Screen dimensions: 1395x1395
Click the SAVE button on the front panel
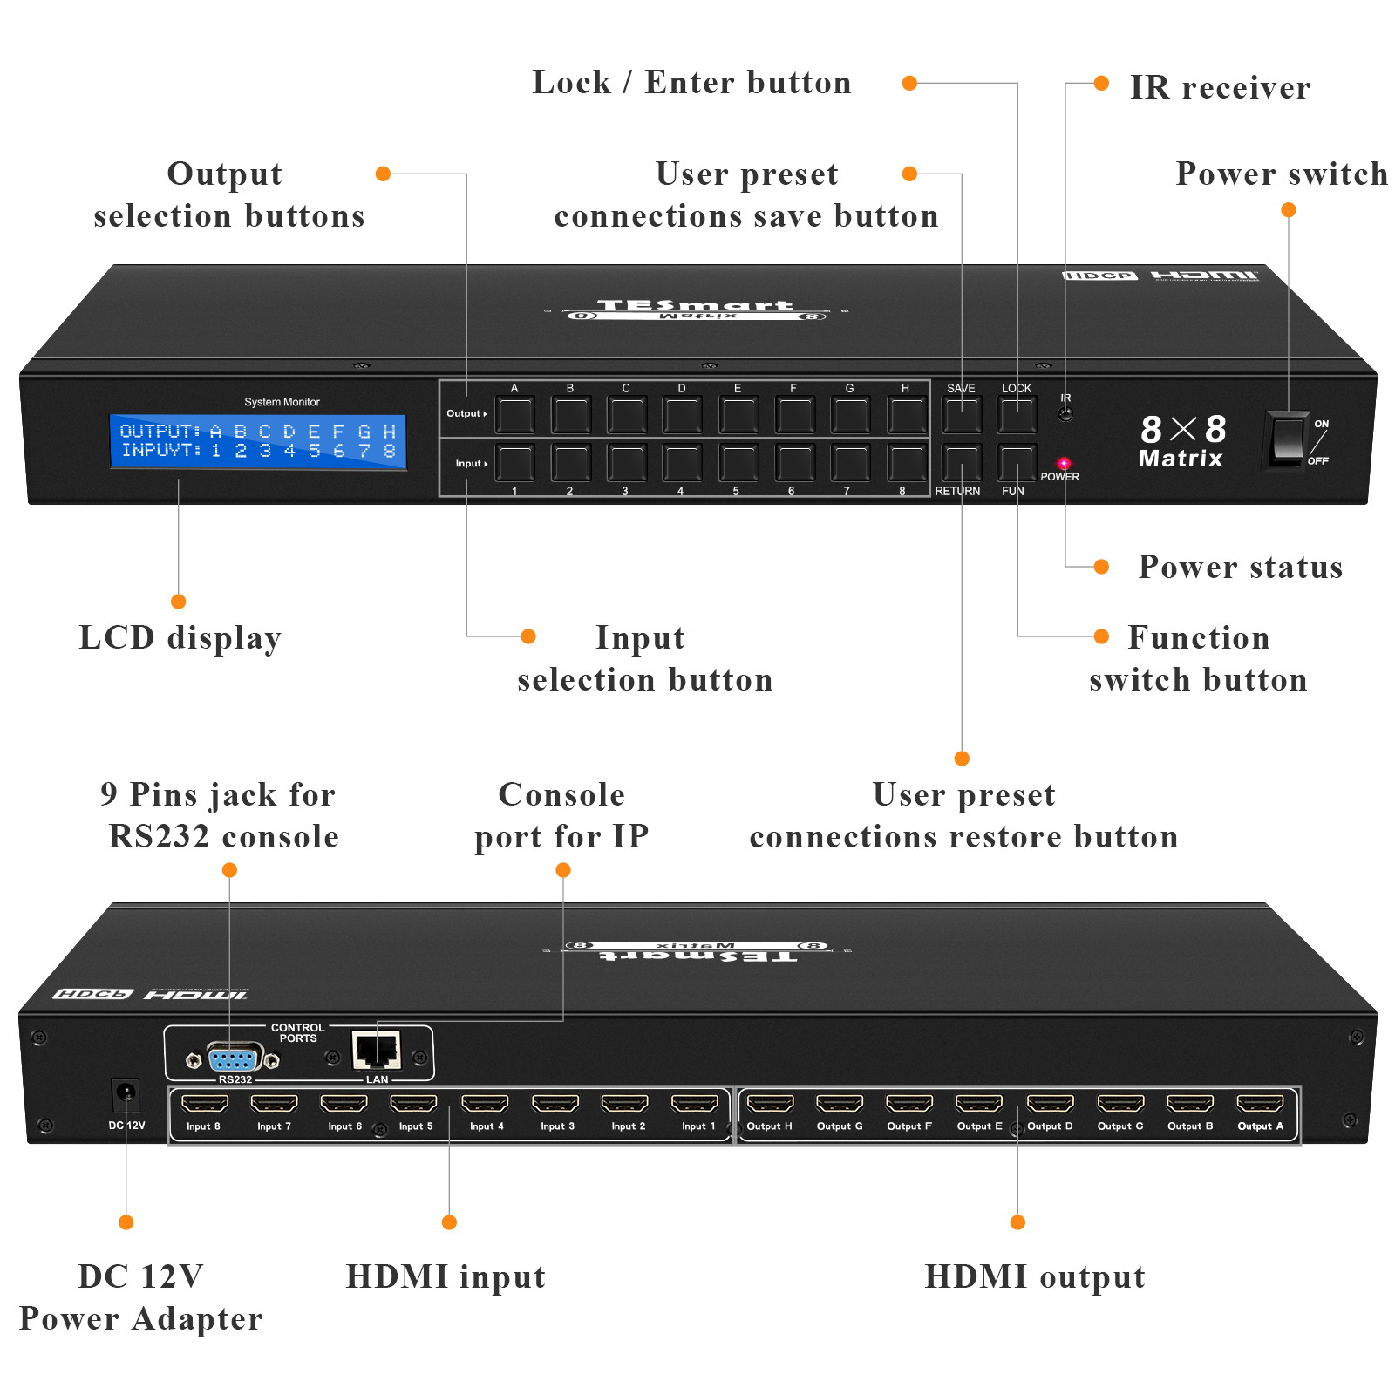pyautogui.click(x=961, y=415)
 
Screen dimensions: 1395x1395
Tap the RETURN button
pyautogui.click(x=961, y=462)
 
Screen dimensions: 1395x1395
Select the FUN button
pyautogui.click(x=1016, y=462)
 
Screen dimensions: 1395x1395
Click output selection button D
pyautogui.click(x=682, y=415)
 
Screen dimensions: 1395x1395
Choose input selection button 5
pyautogui.click(x=738, y=462)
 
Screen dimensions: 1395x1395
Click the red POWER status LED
pyautogui.click(x=1064, y=463)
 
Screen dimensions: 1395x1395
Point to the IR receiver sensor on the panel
pyautogui.click(x=1065, y=414)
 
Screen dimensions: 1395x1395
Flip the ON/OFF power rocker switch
pyautogui.click(x=1286, y=440)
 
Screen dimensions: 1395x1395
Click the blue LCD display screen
pyautogui.click(x=258, y=441)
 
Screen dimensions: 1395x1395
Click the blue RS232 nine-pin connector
pyautogui.click(x=232, y=1060)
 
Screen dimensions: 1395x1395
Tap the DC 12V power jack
pyautogui.click(x=126, y=1093)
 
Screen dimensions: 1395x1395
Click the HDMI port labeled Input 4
pyautogui.click(x=485, y=1105)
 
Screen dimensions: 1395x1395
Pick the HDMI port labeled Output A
pyautogui.click(x=1260, y=1105)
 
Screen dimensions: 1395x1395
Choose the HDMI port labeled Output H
pyautogui.click(x=770, y=1105)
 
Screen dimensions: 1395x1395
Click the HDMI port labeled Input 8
pyautogui.click(x=204, y=1105)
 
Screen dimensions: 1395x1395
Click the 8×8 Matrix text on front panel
pyautogui.click(x=1182, y=441)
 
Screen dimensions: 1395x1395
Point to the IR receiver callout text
pyautogui.click(x=1220, y=87)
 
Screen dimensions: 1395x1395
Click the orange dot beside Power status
pyautogui.click(x=1101, y=567)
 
